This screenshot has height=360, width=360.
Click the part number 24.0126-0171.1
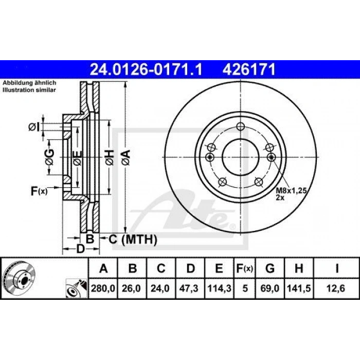click(x=146, y=69)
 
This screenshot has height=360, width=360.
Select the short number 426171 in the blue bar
click(x=248, y=69)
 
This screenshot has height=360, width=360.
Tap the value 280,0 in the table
click(x=103, y=288)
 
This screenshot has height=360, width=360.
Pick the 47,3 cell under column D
click(x=189, y=288)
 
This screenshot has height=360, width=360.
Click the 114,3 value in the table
click(x=219, y=288)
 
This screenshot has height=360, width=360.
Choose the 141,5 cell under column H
click(x=299, y=288)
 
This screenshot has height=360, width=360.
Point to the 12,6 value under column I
click(x=336, y=288)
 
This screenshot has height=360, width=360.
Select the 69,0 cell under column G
click(x=270, y=288)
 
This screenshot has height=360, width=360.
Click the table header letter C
click(x=161, y=268)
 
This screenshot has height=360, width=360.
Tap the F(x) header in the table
click(x=245, y=268)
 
